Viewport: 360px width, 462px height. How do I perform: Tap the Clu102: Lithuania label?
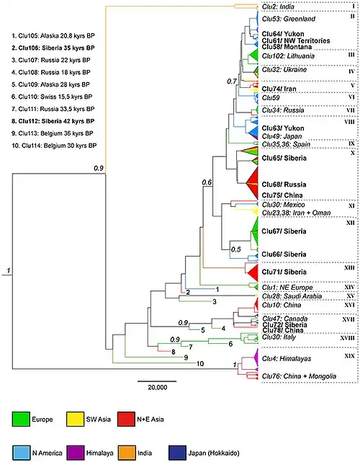click(288, 55)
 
